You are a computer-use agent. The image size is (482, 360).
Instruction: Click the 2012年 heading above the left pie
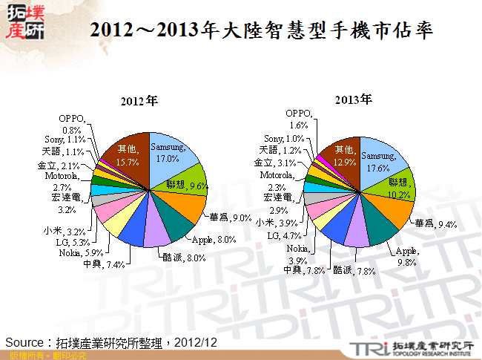(x=141, y=100)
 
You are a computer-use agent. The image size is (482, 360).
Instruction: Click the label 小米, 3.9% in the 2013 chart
(x=275, y=223)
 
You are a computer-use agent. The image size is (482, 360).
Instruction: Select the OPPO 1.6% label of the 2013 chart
(x=300, y=119)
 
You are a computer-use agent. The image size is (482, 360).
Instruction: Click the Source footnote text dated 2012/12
(x=111, y=342)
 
